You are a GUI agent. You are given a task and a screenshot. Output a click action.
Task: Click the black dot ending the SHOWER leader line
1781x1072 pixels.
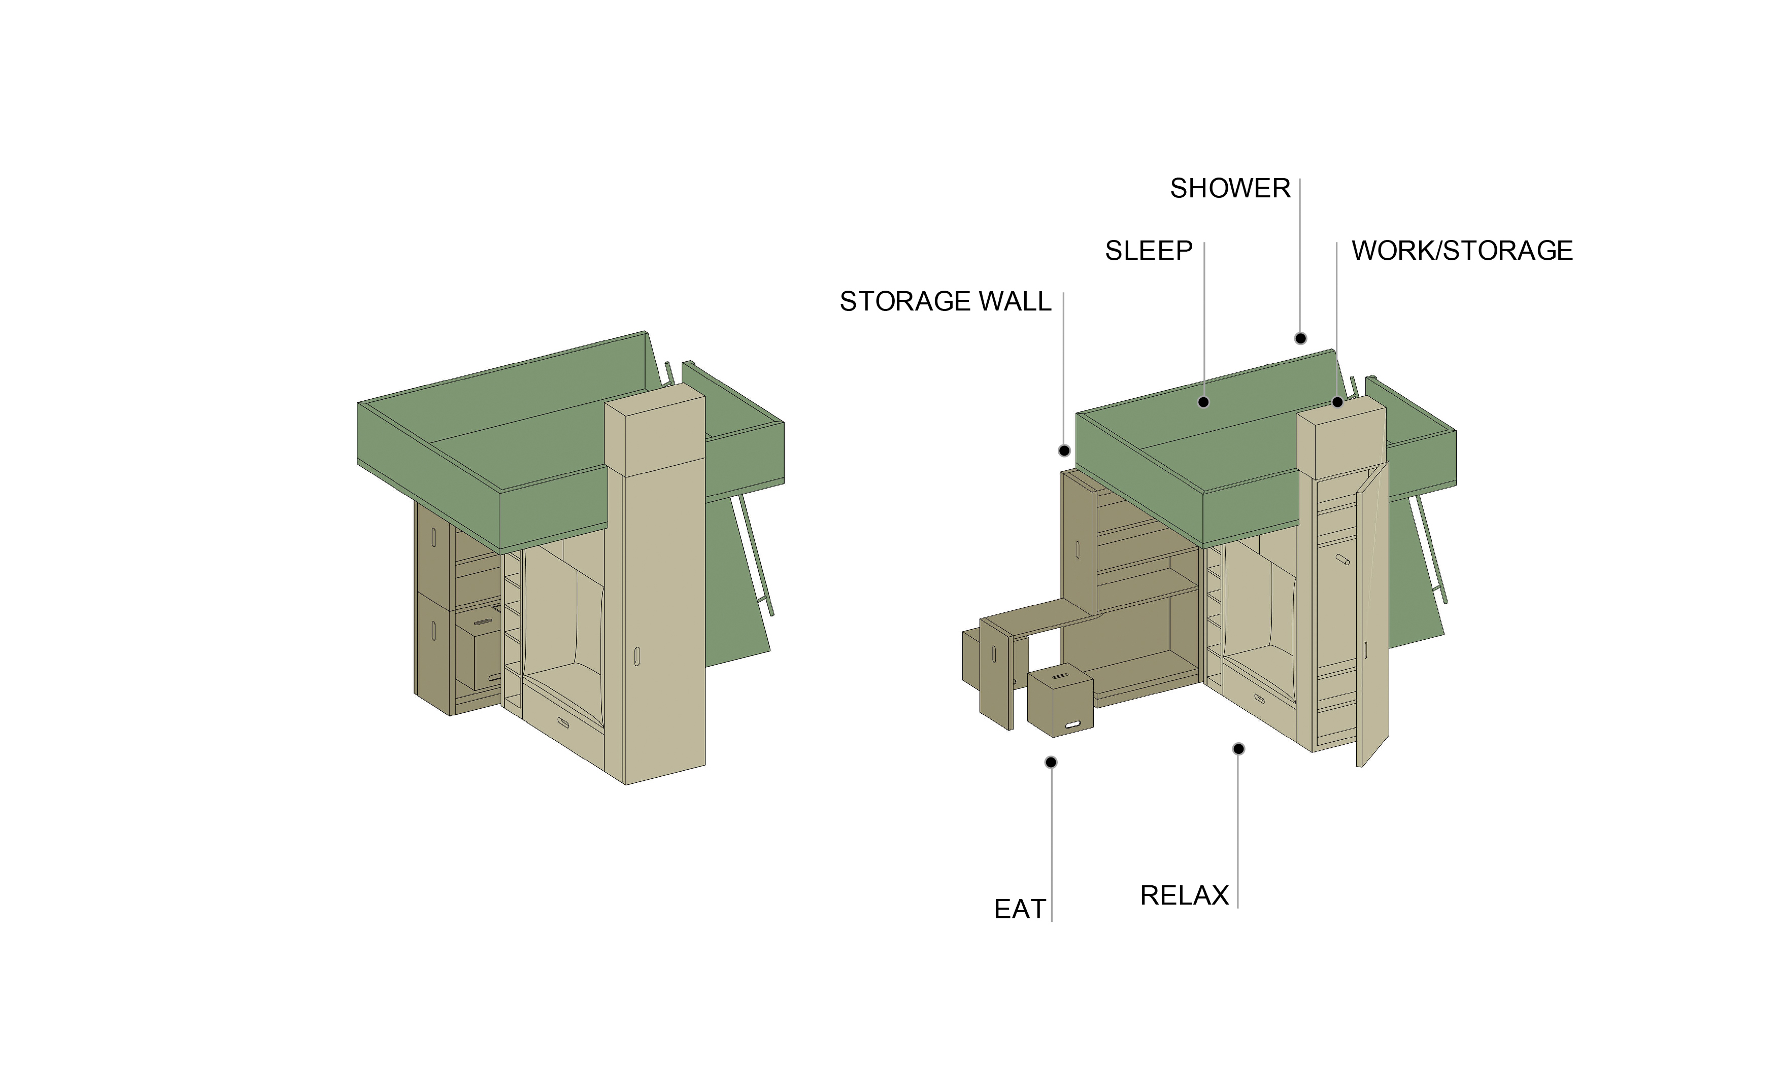[x=1300, y=338]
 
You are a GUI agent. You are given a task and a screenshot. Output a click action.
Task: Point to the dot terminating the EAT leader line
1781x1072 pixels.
[x=1051, y=762]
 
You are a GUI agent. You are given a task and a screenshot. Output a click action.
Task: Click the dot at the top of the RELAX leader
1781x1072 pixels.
[x=1238, y=749]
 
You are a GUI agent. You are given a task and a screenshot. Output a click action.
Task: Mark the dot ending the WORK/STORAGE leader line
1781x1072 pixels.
[x=1337, y=402]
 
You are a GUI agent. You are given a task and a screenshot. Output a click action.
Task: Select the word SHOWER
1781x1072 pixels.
[x=1230, y=189]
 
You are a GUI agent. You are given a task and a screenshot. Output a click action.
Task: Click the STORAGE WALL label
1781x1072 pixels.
[x=945, y=301]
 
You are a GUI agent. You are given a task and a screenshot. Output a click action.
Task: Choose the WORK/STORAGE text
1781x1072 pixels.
[x=1462, y=251]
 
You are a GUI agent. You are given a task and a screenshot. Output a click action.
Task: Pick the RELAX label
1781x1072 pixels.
[x=1184, y=896]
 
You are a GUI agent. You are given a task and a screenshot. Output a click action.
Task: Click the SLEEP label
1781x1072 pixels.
[x=1149, y=251]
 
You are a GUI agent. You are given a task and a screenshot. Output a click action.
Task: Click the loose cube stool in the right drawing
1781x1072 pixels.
[x=1060, y=703]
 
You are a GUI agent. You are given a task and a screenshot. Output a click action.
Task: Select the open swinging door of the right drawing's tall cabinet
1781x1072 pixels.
[x=1373, y=614]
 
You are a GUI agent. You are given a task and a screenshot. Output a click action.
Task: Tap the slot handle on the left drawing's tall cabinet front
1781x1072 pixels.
[x=636, y=656]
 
